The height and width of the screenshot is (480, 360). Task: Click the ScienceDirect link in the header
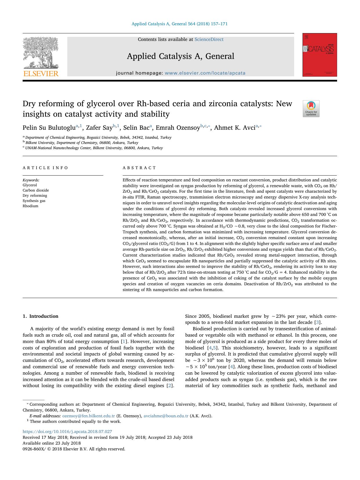209,39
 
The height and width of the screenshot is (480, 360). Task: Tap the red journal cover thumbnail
320,55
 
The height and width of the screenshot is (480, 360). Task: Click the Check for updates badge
311,109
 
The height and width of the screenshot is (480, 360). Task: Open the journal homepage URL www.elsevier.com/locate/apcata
205,73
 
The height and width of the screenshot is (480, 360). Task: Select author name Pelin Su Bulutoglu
49,128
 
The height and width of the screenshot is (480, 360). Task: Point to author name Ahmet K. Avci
234,128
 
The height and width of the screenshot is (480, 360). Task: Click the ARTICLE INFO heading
46,168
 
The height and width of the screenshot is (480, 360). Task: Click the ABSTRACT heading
140,168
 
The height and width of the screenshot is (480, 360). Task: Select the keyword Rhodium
30,206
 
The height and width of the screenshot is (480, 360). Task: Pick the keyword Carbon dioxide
36,190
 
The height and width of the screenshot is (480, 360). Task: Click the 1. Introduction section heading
41,316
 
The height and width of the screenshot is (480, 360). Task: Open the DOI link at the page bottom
67,432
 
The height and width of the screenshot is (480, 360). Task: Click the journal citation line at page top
180,24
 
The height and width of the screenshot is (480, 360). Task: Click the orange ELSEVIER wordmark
41,73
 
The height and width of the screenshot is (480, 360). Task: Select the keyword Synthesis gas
34,201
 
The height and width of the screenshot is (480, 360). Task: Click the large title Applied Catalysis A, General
180,56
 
